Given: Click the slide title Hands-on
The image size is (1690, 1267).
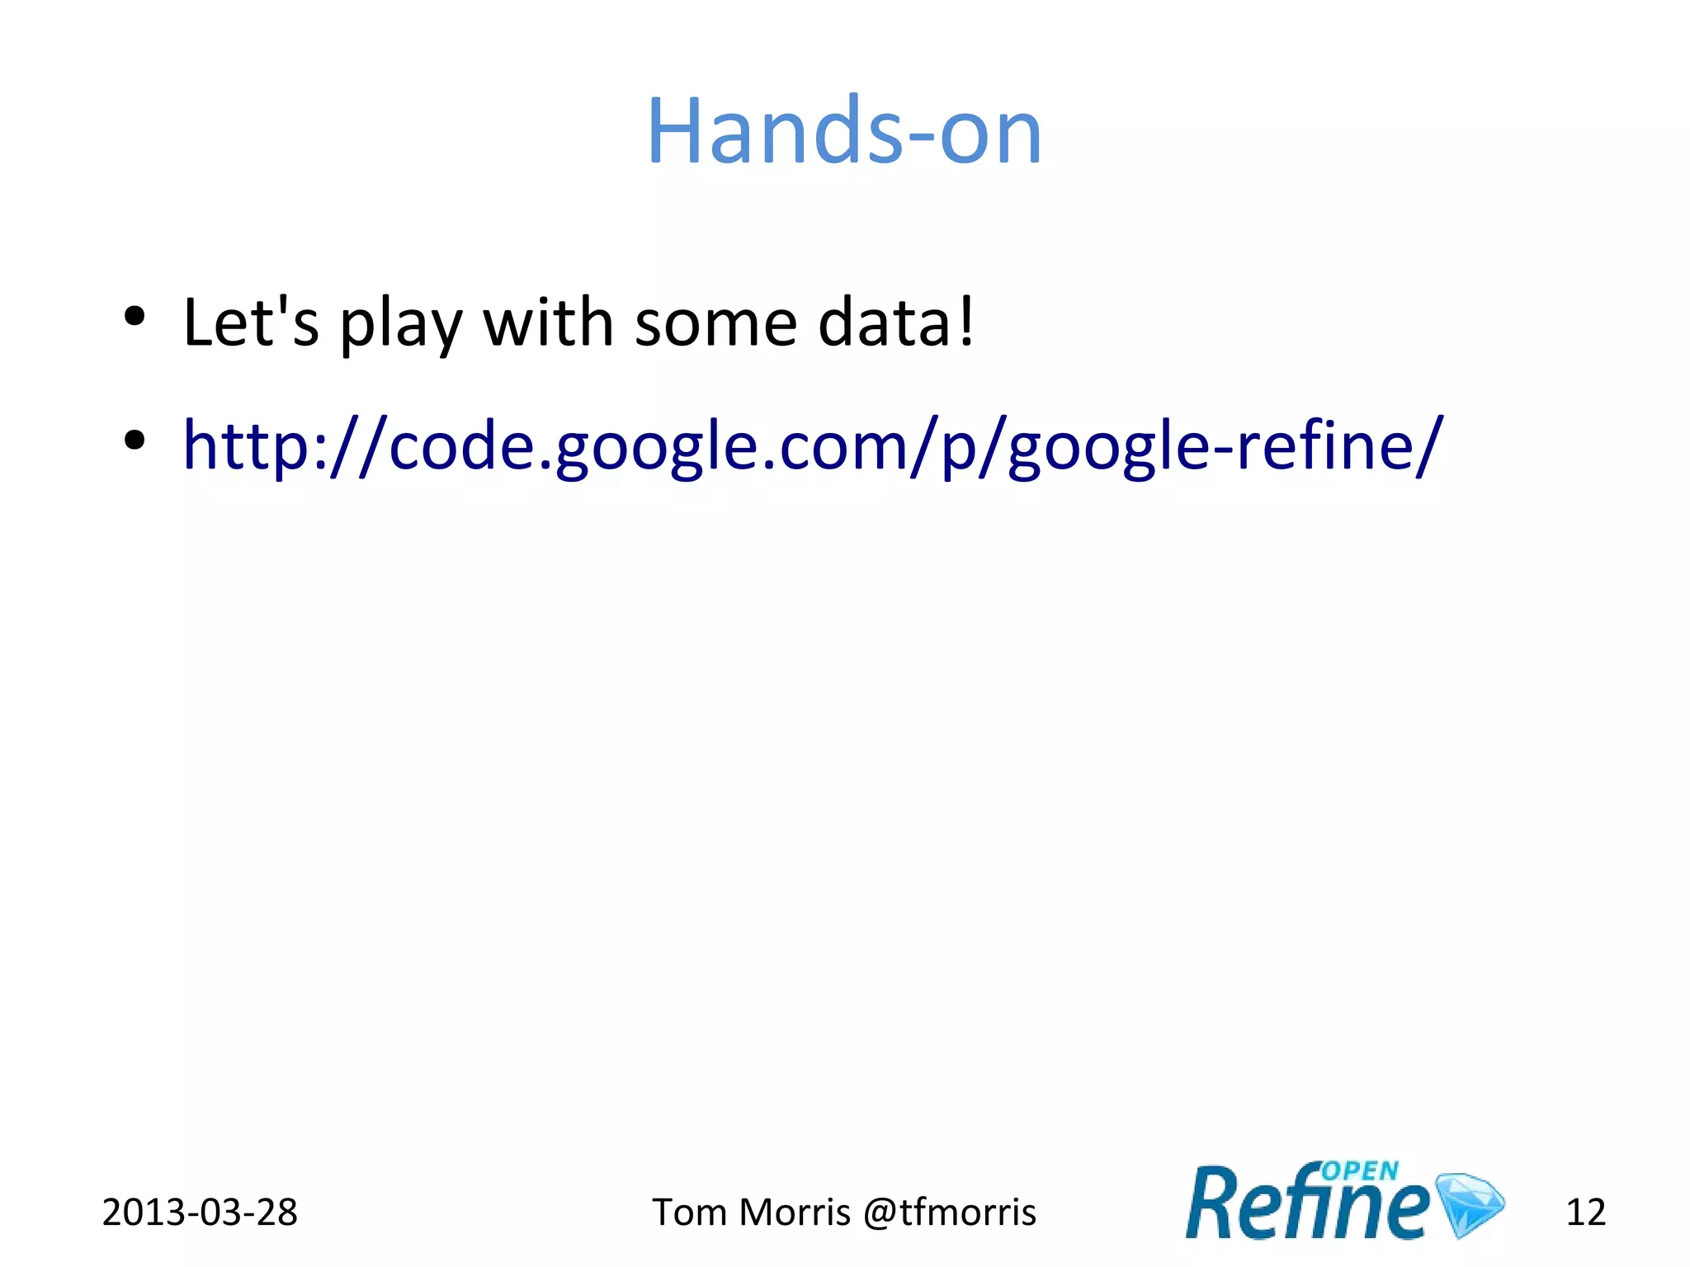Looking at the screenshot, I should click(x=844, y=132).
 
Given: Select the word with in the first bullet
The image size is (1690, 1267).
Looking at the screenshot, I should click(x=548, y=322).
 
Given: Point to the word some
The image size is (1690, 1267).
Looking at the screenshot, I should click(x=715, y=323).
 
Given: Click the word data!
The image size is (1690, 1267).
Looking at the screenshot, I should click(x=896, y=322).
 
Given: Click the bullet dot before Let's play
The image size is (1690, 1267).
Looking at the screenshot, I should click(x=135, y=316).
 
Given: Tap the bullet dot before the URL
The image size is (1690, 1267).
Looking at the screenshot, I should click(x=135, y=440).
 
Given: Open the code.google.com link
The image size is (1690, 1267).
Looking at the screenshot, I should click(x=813, y=445).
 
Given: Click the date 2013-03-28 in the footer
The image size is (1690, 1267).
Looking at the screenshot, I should click(x=200, y=1213).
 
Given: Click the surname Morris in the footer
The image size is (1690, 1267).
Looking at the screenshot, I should click(x=795, y=1213).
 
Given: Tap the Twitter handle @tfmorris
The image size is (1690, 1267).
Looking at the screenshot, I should click(x=949, y=1213).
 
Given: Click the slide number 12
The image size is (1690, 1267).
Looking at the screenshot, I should click(x=1585, y=1213).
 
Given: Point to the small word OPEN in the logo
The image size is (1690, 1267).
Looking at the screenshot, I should click(x=1359, y=1171).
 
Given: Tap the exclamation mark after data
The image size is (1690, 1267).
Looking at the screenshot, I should click(x=966, y=322).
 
